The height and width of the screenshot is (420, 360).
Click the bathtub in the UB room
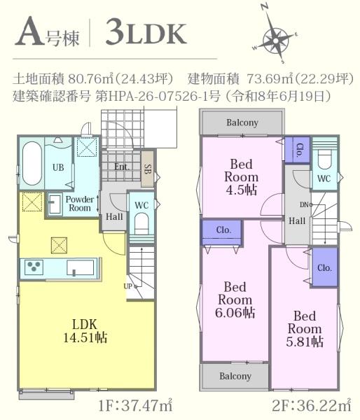coord(32,162)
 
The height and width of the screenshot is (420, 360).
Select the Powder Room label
coord(80,204)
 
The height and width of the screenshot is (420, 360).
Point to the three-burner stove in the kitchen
coord(34,267)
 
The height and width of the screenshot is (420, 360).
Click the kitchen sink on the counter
coord(81,267)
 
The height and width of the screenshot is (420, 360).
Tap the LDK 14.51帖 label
coord(85,331)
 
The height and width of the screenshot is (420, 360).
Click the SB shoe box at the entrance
coord(147,169)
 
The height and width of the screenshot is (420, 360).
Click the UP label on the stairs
coord(128,286)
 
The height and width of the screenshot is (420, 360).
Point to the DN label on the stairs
coord(304,205)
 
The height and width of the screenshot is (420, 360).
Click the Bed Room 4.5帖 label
coord(241,177)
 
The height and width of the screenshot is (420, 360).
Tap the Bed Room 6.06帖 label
coord(235,300)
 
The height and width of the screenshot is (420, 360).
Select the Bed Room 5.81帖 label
coord(305,329)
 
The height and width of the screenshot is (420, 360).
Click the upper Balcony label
coord(242,122)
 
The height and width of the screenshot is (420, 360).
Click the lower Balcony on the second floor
coord(235,376)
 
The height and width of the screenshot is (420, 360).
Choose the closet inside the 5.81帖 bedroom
coord(324,267)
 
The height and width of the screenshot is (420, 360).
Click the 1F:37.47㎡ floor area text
coord(136,406)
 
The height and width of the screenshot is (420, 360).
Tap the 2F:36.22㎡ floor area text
coord(312,406)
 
